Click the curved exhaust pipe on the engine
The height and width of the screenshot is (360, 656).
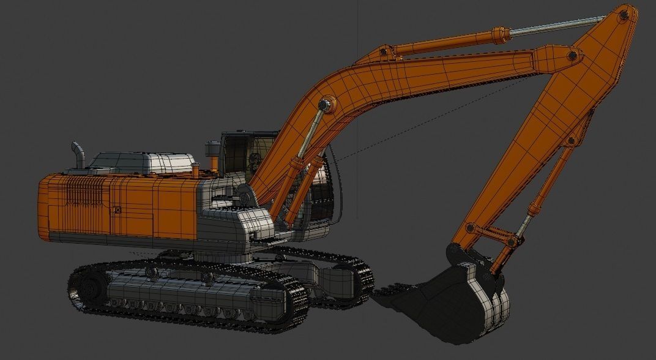[77, 156]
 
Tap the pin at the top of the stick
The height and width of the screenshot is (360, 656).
[624, 17]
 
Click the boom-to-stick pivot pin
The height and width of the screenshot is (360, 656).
[572, 56]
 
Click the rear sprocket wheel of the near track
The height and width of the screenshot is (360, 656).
[89, 287]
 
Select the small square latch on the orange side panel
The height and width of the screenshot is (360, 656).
[117, 211]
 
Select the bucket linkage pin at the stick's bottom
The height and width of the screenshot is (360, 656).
[470, 228]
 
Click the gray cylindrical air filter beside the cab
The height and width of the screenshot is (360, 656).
[212, 150]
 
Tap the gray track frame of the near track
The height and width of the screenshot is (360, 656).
[184, 294]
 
